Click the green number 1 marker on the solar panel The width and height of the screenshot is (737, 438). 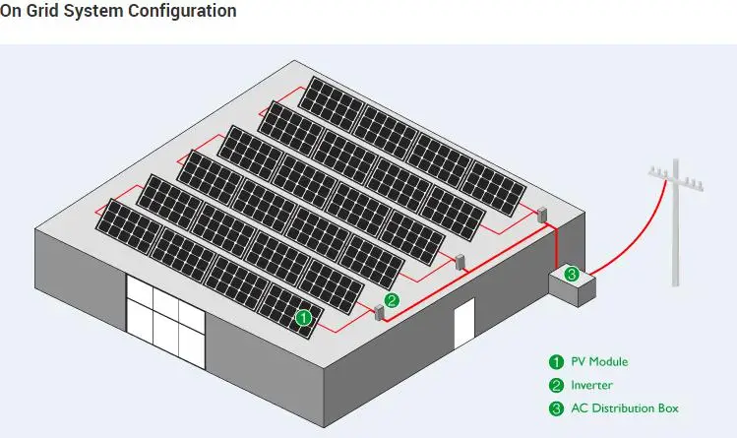pos(304,318)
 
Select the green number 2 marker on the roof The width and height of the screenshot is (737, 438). pos(392,300)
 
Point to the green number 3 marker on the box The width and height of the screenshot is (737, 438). pos(571,274)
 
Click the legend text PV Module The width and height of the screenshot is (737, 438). pos(599,361)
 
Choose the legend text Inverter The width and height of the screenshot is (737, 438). pos(592,385)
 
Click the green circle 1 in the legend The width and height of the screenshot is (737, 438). pos(556,361)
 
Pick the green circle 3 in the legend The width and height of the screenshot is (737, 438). pos(556,408)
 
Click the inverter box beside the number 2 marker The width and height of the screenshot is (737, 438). pos(377,312)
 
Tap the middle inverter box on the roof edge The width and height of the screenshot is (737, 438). pos(459,263)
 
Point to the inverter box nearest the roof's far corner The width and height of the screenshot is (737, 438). pos(541,214)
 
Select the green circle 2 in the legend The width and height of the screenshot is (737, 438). pos(556,385)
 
